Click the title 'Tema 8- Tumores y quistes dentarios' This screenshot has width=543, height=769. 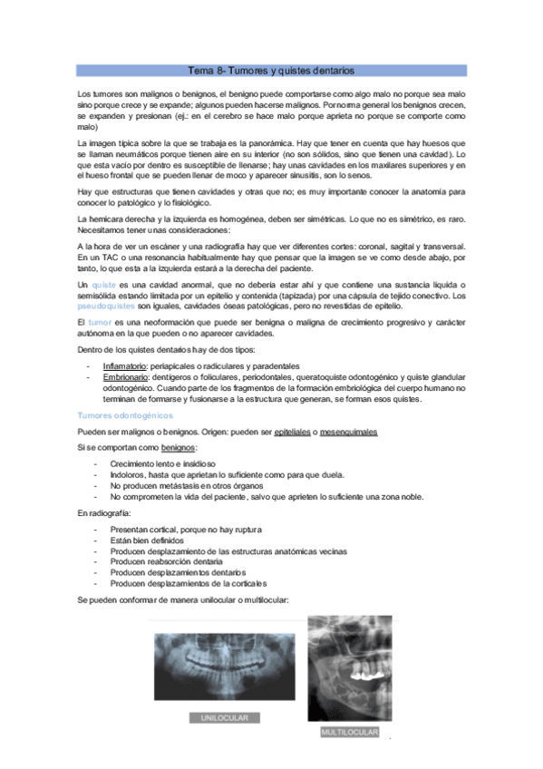click(270, 70)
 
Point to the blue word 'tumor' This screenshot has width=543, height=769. click(100, 322)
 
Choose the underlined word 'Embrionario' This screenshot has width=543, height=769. click(126, 376)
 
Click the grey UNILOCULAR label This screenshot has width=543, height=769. click(224, 717)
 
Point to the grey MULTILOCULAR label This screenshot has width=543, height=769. click(349, 732)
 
